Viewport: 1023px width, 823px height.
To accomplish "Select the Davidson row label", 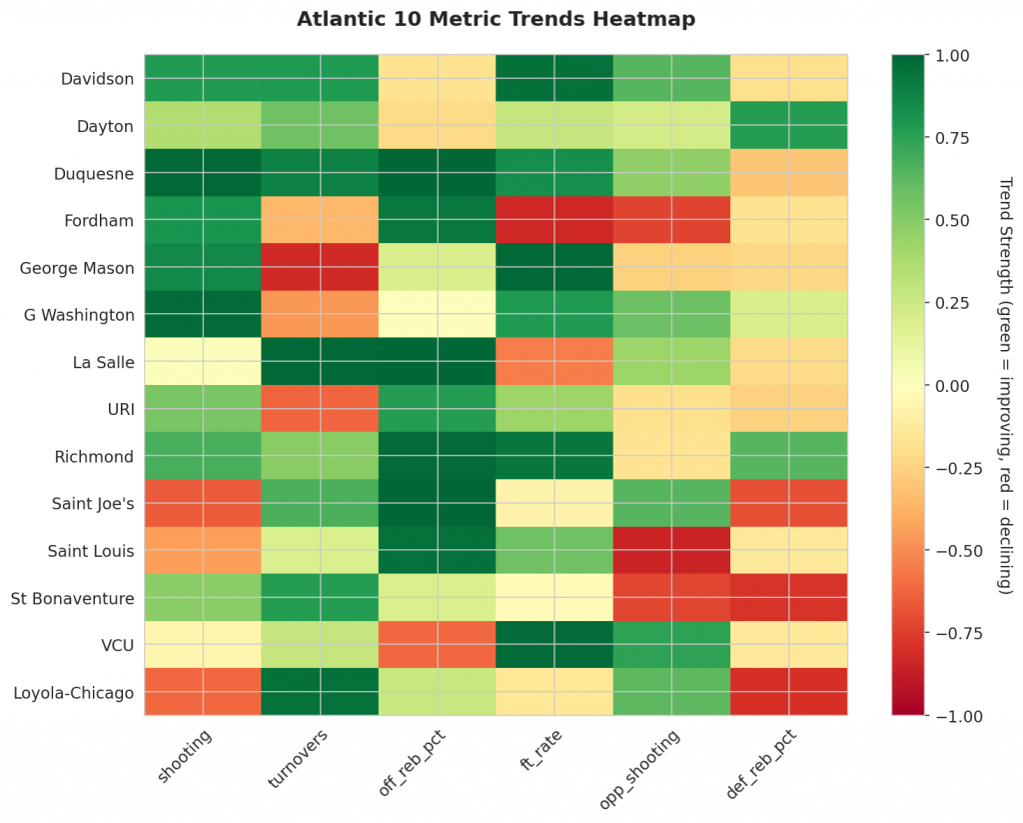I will pyautogui.click(x=97, y=78).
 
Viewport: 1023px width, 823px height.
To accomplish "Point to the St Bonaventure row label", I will pyautogui.click(x=73, y=598).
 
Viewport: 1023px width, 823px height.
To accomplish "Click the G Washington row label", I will pyautogui.click(x=79, y=315).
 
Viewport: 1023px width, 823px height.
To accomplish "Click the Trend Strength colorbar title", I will pyautogui.click(x=1005, y=386).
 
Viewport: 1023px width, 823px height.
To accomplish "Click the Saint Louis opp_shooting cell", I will pyautogui.click(x=671, y=551).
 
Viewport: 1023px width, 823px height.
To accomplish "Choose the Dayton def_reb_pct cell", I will pyautogui.click(x=788, y=126).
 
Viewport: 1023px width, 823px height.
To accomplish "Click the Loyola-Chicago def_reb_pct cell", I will pyautogui.click(x=788, y=692).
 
